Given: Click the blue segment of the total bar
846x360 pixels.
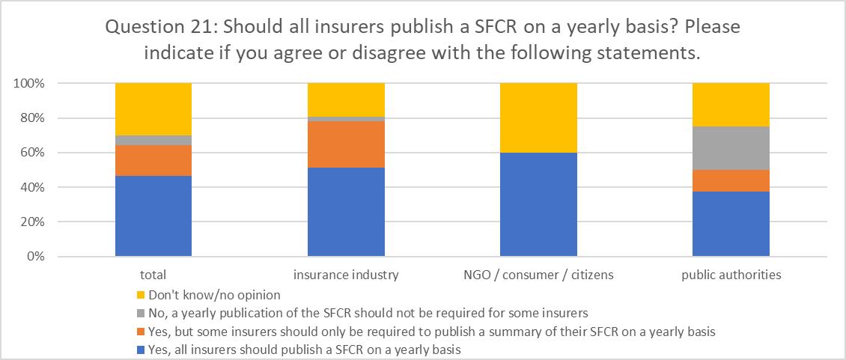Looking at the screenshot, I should tap(153, 216).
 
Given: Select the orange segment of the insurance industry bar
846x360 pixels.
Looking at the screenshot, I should tap(347, 144).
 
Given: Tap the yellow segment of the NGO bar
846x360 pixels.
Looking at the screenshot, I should tap(539, 118).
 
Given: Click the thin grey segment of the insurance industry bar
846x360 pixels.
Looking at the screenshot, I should tap(347, 119).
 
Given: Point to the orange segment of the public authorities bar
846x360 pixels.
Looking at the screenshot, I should tap(731, 180).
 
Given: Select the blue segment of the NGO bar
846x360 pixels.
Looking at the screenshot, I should tap(539, 204).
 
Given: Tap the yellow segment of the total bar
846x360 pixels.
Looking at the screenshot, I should tap(153, 109).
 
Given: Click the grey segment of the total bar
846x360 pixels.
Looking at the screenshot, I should tap(153, 140).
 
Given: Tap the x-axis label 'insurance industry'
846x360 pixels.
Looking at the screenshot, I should tap(347, 275).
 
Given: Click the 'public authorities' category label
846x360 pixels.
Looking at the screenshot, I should tap(731, 275).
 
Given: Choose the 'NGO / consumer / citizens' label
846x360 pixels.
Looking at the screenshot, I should tap(539, 275).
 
